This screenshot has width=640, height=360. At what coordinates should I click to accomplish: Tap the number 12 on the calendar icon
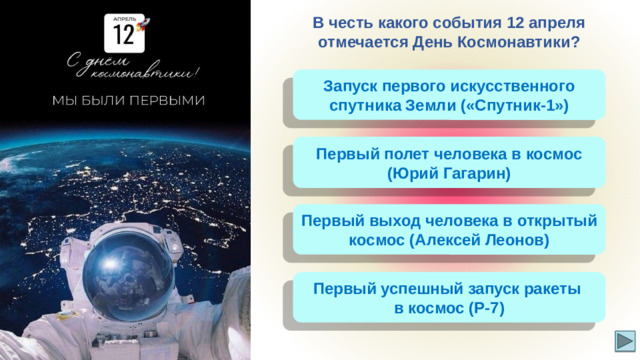(123, 35)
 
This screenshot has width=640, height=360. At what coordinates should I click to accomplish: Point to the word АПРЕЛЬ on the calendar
(120, 19)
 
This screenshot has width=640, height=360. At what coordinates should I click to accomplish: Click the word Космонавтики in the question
(515, 43)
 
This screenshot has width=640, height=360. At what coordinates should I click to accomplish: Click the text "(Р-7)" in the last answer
(486, 308)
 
